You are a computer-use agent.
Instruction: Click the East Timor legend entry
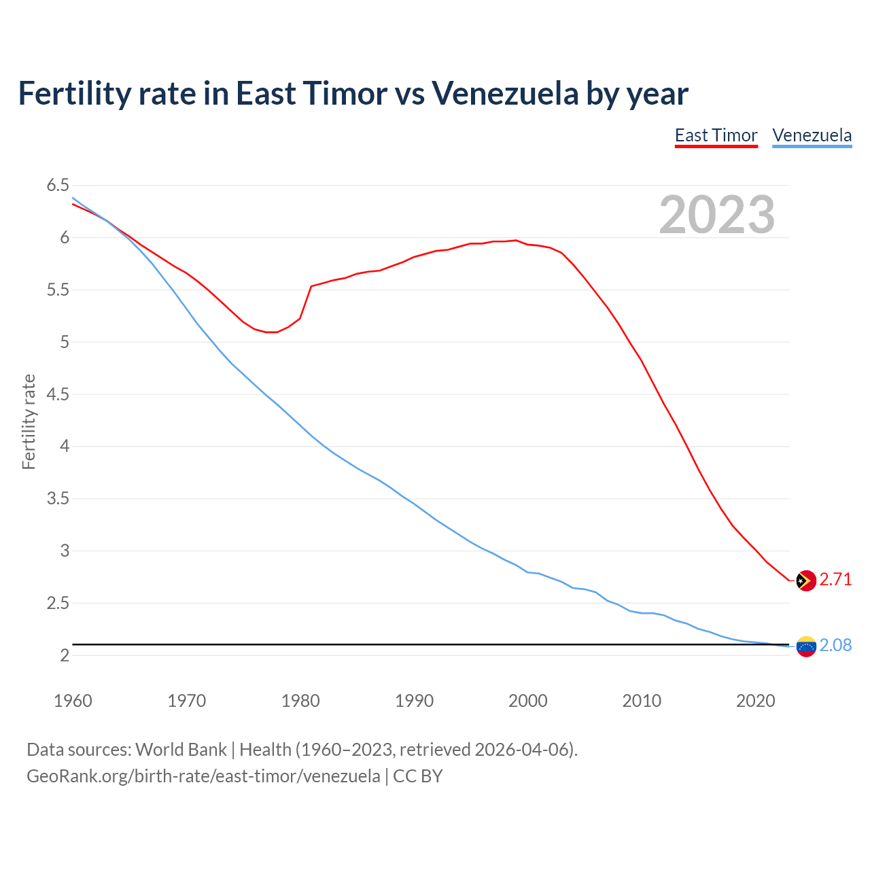click(x=716, y=135)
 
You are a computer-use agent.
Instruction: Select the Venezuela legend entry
click(x=812, y=135)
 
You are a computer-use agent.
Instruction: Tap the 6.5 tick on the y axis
click(x=58, y=185)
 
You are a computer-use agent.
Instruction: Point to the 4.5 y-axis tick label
click(x=58, y=394)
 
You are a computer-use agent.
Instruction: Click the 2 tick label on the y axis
click(x=65, y=655)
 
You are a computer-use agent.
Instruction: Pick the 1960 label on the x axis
click(x=73, y=701)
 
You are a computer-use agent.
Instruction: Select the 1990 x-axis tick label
click(x=414, y=701)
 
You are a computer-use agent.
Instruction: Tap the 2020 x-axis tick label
click(x=755, y=701)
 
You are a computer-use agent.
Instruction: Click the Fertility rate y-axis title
click(x=29, y=421)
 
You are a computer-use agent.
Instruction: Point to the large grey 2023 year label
click(x=716, y=215)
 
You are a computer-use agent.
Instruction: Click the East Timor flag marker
click(x=805, y=580)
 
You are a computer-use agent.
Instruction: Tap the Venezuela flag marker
click(x=805, y=646)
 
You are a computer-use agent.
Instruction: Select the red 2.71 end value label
click(x=835, y=580)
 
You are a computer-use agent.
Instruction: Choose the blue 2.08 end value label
click(x=835, y=646)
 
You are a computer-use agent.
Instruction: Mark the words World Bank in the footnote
click(x=181, y=750)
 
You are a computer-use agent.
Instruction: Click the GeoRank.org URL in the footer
click(x=203, y=776)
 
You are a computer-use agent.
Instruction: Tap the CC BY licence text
click(x=417, y=776)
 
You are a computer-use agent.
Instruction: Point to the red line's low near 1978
click(x=272, y=332)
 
